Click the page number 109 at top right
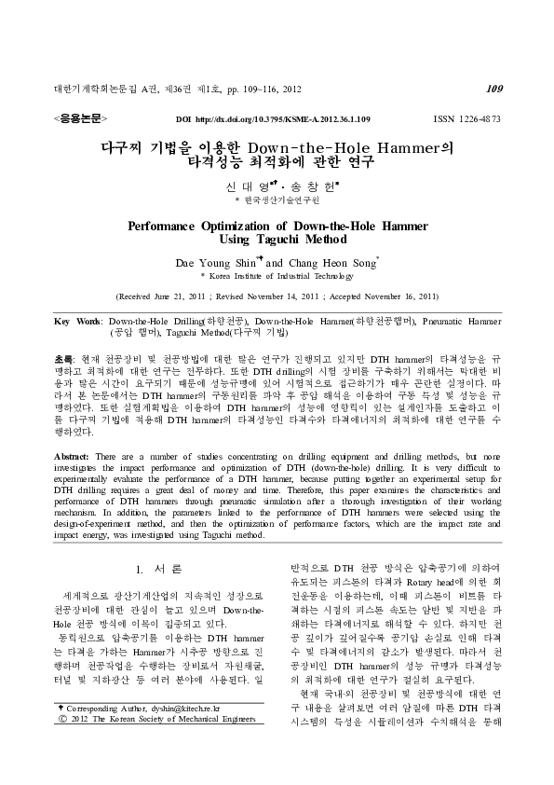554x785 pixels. pos(493,90)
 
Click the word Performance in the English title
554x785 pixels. pos(169,226)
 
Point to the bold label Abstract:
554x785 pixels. pos(74,454)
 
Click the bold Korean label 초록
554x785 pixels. pos(63,359)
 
